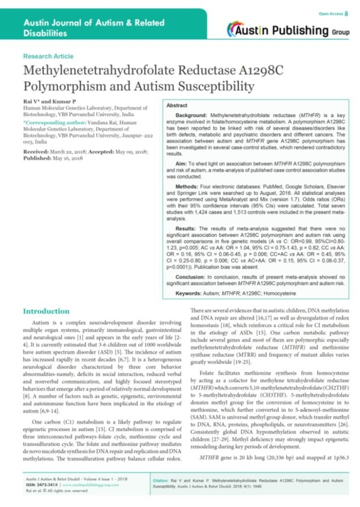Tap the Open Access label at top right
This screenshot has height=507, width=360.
(332, 13)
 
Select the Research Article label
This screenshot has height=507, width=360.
(48, 56)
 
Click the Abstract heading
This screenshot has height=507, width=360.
(177, 106)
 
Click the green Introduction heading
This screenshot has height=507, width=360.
(47, 311)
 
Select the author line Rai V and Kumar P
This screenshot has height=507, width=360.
(41, 101)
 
